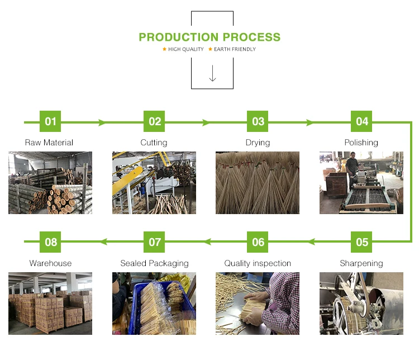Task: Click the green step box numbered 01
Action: click(x=50, y=121)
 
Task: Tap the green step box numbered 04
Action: click(x=362, y=121)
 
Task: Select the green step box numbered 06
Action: click(x=258, y=242)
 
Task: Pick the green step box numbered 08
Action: click(x=51, y=242)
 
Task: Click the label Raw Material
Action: click(x=49, y=143)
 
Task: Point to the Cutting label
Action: click(x=154, y=143)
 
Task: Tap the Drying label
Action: click(x=258, y=143)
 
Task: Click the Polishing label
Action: click(x=361, y=143)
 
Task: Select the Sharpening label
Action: click(x=361, y=263)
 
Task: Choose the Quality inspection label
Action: click(x=258, y=263)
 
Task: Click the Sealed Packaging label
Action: click(x=154, y=263)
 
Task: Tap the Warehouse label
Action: click(x=50, y=263)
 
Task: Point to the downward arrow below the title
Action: click(x=212, y=74)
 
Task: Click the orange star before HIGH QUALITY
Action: click(x=164, y=49)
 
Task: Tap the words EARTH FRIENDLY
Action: click(x=235, y=49)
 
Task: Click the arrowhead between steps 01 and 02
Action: click(x=102, y=122)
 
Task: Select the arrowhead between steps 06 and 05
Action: click(x=312, y=242)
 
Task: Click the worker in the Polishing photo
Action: click(x=351, y=167)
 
